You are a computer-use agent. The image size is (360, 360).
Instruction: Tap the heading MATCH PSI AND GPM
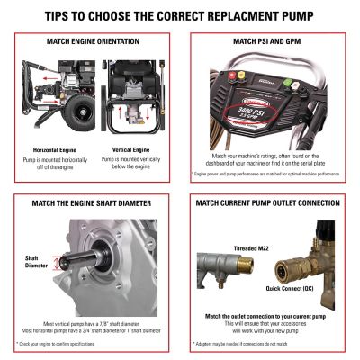point(270,41)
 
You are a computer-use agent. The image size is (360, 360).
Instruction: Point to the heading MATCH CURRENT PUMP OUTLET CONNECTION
point(270,203)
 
